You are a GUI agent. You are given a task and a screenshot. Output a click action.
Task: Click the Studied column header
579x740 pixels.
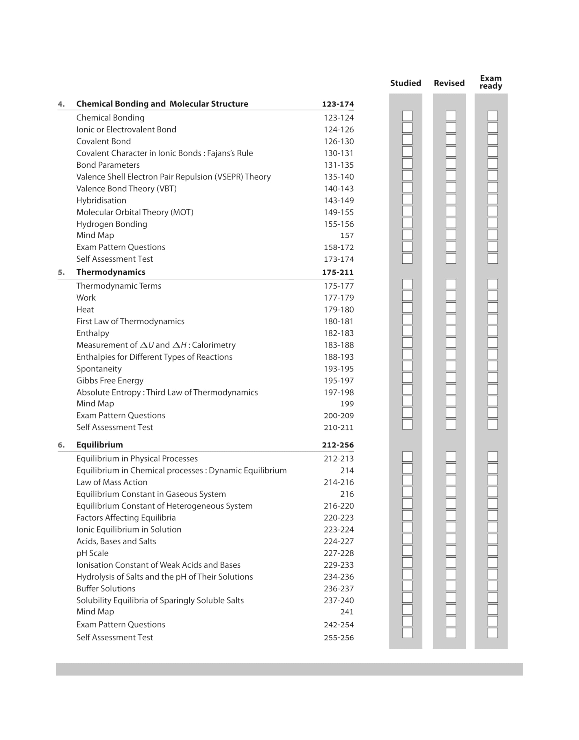click(x=406, y=83)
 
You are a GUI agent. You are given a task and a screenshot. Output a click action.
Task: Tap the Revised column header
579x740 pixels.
click(x=449, y=83)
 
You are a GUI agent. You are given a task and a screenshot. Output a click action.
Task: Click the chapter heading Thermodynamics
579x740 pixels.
click(x=110, y=272)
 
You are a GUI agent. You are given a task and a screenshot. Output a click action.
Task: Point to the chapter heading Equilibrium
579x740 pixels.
click(x=99, y=445)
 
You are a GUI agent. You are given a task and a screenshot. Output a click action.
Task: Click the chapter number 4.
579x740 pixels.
click(x=61, y=104)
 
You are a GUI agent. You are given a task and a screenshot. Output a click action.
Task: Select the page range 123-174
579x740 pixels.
click(x=338, y=104)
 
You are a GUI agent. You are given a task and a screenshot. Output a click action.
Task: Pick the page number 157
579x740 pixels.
click(x=347, y=236)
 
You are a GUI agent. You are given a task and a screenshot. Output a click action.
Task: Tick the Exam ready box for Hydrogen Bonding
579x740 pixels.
click(x=493, y=223)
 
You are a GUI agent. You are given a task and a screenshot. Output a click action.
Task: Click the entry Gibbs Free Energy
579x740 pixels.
click(x=110, y=381)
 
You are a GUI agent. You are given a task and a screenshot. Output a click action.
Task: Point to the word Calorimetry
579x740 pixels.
click(x=214, y=345)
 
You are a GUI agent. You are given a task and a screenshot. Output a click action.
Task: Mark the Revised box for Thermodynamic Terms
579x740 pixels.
click(x=451, y=284)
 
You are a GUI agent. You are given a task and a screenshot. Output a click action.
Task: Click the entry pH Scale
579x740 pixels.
click(x=92, y=553)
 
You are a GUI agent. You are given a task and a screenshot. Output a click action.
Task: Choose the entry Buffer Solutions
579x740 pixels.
click(x=106, y=589)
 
